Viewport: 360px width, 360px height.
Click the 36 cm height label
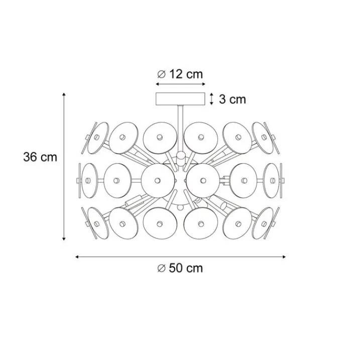coord(40,157)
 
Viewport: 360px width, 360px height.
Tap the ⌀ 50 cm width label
coord(180,268)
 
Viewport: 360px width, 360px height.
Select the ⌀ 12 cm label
coord(180,74)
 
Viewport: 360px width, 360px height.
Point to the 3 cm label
coord(232,99)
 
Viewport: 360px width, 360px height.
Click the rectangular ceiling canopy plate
coord(180,99)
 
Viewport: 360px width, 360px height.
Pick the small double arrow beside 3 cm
coord(212,99)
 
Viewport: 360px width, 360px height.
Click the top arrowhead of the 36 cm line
coord(64,94)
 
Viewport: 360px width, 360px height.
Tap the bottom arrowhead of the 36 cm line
coord(64,239)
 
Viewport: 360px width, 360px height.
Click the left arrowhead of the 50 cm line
coord(77,257)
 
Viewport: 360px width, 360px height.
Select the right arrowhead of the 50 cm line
coord(284,257)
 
